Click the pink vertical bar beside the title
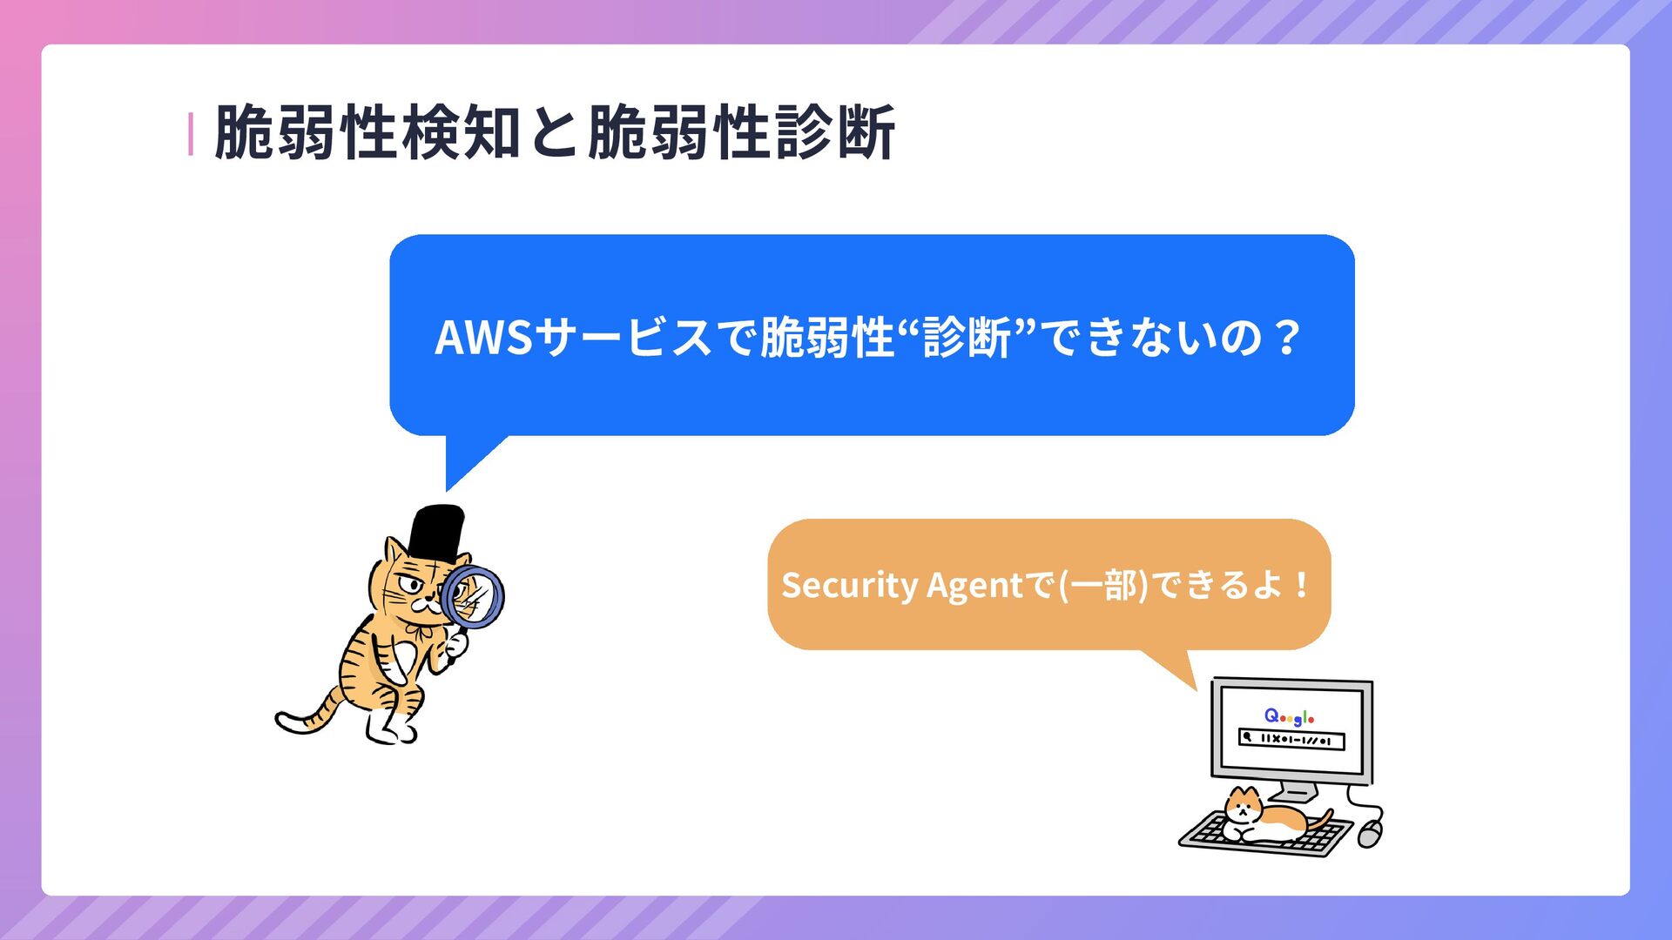pos(190,134)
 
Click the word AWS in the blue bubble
pos(483,338)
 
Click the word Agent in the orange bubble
pos(974,585)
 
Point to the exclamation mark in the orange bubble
pos(1301,585)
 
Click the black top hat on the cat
pos(437,531)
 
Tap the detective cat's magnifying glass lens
pos(473,595)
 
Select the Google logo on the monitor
pos(1289,716)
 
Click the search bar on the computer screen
pos(1292,740)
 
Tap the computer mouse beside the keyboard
pos(1370,833)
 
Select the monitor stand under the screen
pos(1294,792)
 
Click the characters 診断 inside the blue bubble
pos(967,338)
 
